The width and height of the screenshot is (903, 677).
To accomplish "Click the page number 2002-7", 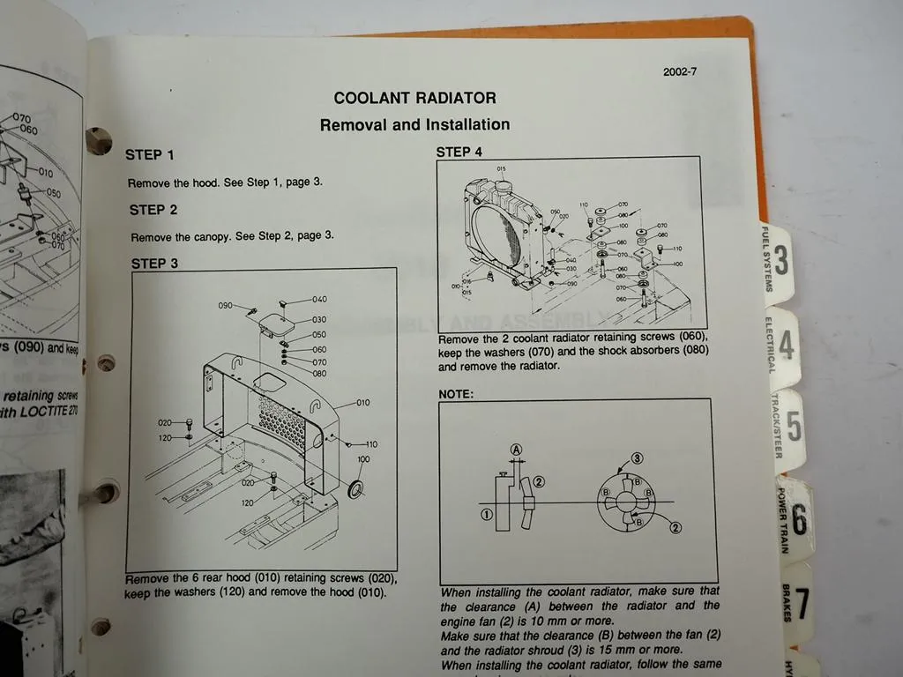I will click(679, 72).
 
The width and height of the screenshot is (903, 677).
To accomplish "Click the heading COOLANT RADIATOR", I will click(414, 98).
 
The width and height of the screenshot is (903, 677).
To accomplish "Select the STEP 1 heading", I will click(150, 155).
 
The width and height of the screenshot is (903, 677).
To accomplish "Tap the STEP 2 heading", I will click(153, 210).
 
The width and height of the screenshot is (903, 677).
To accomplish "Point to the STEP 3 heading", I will click(154, 263).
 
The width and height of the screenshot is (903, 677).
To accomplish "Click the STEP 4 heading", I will click(459, 152).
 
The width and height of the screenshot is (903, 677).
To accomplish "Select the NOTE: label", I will click(456, 394).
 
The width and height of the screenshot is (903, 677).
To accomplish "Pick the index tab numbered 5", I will click(793, 427).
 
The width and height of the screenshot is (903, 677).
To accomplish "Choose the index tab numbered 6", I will click(798, 519).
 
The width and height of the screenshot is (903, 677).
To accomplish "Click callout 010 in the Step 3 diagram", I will click(362, 403).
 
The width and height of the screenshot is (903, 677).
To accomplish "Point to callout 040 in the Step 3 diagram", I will click(318, 300).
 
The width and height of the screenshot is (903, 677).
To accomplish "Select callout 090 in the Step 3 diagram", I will click(226, 306).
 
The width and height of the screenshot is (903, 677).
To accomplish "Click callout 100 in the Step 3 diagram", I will click(363, 460).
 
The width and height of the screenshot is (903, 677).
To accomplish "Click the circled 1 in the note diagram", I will click(486, 515).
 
